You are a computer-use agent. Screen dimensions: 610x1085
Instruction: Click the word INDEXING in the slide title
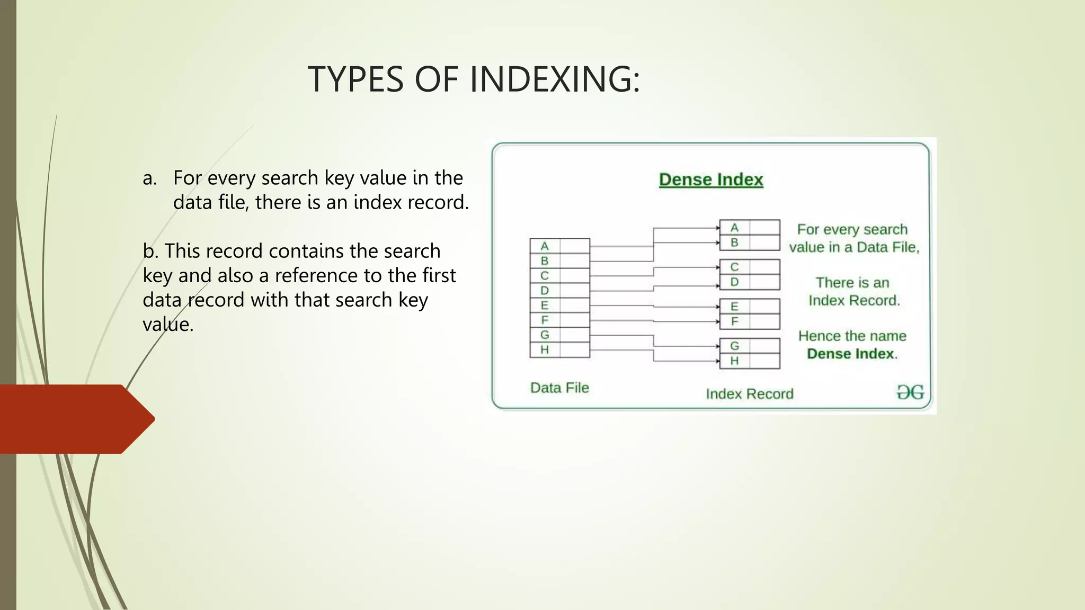tap(555, 79)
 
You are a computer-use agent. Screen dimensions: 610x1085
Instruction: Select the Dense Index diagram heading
tap(710, 180)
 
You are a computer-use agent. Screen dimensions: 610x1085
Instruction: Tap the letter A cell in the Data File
tap(545, 246)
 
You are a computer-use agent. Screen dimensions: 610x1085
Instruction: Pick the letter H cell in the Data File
tap(545, 350)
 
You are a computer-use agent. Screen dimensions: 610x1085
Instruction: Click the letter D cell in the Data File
tap(545, 291)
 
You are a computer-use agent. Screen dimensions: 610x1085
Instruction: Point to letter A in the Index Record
tap(734, 228)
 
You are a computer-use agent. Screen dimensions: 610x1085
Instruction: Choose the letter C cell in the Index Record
tap(734, 267)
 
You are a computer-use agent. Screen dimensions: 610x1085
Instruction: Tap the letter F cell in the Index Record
tap(734, 321)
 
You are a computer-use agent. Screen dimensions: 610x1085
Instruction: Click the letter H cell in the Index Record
tap(734, 361)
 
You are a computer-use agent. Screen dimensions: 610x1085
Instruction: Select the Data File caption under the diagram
tap(559, 388)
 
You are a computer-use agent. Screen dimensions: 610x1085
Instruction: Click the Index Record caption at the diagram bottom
tap(749, 394)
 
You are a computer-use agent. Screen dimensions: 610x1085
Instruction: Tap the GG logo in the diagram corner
tap(910, 392)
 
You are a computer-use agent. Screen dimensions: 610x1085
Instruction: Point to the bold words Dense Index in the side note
tap(850, 354)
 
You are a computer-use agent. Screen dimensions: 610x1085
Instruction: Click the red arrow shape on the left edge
tap(74, 419)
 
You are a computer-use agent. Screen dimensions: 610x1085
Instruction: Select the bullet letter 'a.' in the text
tap(150, 178)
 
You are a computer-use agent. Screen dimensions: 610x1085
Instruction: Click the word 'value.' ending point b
tap(168, 325)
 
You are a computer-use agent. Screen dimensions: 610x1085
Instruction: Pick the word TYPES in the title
tap(355, 79)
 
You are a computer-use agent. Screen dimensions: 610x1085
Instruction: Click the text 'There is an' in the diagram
tap(852, 283)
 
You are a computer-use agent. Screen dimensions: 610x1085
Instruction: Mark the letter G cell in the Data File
tap(545, 335)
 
